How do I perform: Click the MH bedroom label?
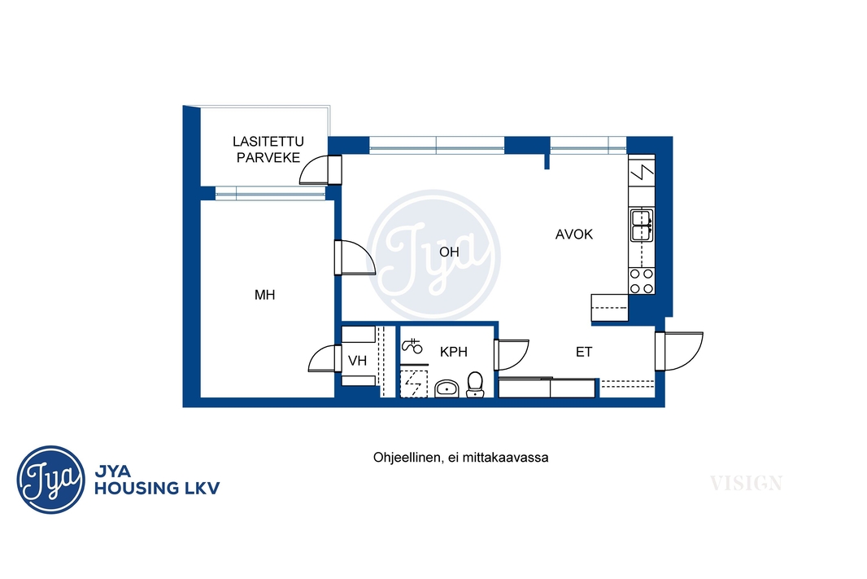(264, 295)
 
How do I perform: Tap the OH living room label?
(449, 252)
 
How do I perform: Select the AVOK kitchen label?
(574, 235)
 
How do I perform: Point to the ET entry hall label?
(584, 352)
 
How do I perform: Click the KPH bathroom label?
(453, 352)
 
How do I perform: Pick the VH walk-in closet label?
(357, 361)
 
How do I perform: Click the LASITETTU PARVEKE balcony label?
(268, 150)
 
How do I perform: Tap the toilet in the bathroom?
(475, 384)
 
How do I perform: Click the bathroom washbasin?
(447, 388)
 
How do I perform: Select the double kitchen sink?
(642, 225)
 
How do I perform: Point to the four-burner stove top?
(642, 281)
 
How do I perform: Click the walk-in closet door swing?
(322, 358)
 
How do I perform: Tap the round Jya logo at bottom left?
(51, 480)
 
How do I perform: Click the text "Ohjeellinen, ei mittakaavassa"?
(460, 458)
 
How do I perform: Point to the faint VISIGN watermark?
(746, 483)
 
